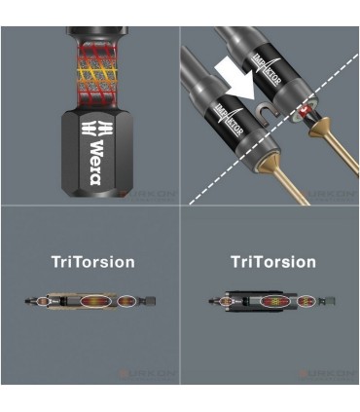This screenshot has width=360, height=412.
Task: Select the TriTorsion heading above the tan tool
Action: (x=93, y=262)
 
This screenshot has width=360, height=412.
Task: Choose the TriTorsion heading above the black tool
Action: (x=272, y=262)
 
